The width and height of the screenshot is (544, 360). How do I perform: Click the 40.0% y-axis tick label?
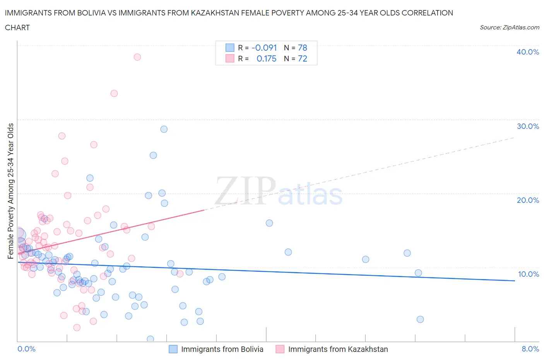tap(527, 52)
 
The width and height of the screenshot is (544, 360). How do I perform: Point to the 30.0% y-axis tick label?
tap(527, 126)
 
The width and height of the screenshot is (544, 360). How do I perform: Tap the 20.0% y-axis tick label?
tap(527, 200)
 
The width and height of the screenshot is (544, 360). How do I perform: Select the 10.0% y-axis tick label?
tap(528, 274)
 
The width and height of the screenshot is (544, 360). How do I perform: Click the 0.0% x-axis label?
tap(26, 349)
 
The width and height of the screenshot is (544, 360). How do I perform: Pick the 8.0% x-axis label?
tap(530, 349)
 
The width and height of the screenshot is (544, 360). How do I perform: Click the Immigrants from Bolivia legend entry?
tap(222, 349)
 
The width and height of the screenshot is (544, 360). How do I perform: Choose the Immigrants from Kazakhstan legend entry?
tap(337, 349)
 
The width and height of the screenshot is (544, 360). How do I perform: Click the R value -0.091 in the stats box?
tap(264, 48)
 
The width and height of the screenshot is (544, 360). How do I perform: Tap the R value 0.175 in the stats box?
tap(266, 58)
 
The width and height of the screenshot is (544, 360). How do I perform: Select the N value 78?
tap(302, 48)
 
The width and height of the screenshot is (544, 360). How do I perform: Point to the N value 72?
tap(302, 58)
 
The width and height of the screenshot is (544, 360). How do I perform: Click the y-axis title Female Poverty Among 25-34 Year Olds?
tap(11, 191)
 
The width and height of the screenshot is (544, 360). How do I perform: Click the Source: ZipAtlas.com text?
tap(509, 27)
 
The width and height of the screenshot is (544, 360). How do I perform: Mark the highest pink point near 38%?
tap(137, 57)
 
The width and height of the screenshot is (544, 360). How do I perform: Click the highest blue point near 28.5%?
tap(164, 129)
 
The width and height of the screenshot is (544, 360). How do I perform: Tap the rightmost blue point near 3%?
tap(420, 319)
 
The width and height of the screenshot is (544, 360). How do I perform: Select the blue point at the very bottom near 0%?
tap(150, 339)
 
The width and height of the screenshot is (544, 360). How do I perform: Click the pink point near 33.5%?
tap(114, 93)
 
